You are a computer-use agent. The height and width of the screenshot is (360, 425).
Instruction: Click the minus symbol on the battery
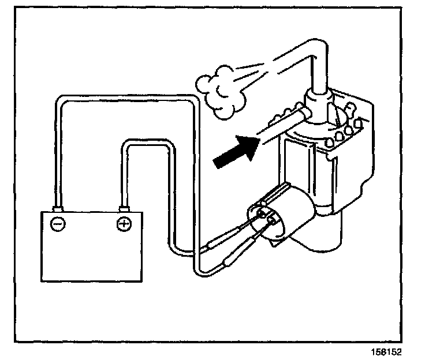pyautogui.click(x=57, y=224)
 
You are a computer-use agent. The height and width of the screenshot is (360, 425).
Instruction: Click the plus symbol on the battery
pyautogui.click(x=124, y=224)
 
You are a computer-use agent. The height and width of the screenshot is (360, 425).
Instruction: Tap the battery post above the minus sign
pyautogui.click(x=57, y=208)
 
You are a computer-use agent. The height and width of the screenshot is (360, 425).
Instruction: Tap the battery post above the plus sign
pyautogui.click(x=123, y=208)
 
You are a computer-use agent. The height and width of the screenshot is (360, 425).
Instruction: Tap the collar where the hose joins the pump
pyautogui.click(x=316, y=104)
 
